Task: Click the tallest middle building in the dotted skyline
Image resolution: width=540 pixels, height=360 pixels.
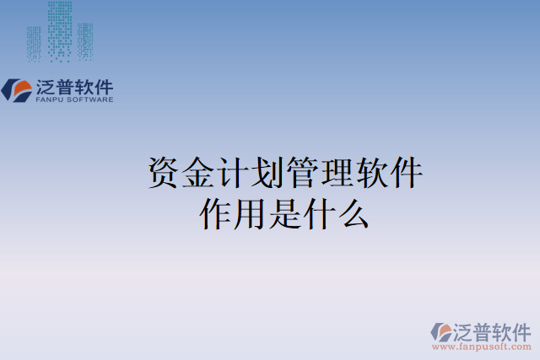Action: [x=59, y=30]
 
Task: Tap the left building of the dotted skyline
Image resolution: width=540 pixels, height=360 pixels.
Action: [x=34, y=42]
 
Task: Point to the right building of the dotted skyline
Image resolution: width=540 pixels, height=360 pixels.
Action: [x=84, y=40]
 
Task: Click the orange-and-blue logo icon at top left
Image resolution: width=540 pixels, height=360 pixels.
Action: [x=17, y=90]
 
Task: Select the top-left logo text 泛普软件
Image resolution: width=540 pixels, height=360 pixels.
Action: [x=74, y=87]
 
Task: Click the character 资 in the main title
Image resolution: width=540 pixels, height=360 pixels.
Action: [x=162, y=174]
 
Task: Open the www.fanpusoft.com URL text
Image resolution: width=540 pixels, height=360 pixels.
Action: [x=482, y=347]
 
